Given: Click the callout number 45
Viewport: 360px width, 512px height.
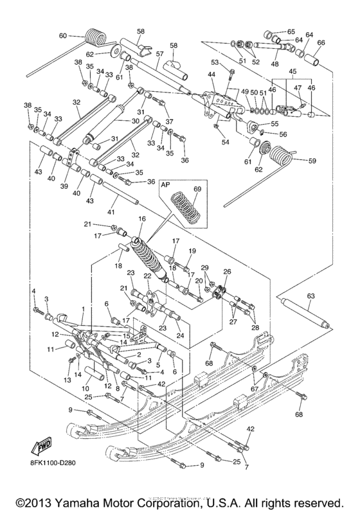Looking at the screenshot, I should coord(293,72).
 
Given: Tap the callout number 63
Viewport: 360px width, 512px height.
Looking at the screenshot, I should coord(310,296).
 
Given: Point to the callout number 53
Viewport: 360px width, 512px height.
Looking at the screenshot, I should coord(215,62).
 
